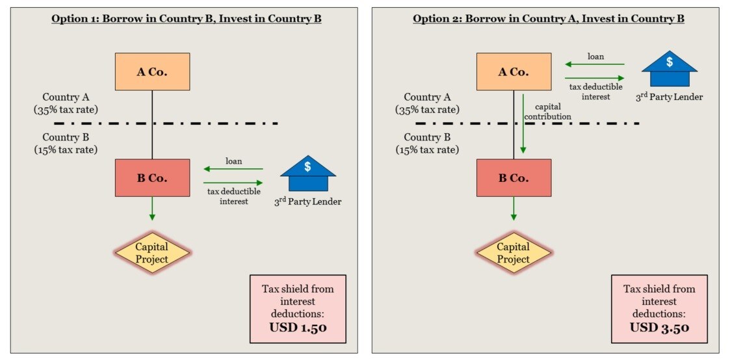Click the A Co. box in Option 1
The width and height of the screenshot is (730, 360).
coord(152,72)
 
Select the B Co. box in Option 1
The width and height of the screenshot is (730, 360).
coord(152,177)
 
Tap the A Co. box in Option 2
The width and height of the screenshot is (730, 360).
coord(514,72)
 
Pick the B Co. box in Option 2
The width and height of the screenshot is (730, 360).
coord(514,177)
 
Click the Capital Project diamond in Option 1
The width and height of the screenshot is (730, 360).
coord(151,253)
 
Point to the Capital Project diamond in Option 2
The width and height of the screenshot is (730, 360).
coord(514,253)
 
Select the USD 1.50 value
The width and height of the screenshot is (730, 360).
coord(298,328)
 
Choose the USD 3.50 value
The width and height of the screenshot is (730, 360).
coord(659,327)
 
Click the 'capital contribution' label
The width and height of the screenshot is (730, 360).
coord(553,111)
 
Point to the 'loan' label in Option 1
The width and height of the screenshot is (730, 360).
coord(234,161)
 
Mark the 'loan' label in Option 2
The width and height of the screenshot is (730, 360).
coord(595,57)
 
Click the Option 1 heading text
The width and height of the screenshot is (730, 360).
coord(187,19)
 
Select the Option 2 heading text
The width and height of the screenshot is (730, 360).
coord(548,19)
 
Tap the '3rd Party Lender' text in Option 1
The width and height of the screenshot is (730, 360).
coord(307,202)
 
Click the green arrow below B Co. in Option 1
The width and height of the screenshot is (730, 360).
coord(152,209)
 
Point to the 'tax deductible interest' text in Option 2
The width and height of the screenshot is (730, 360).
coord(595,92)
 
